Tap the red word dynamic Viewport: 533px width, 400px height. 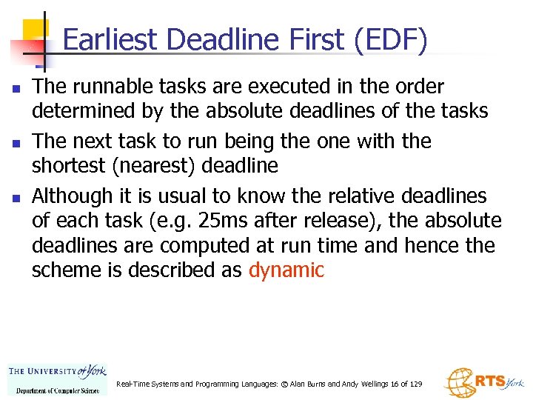pos(286,270)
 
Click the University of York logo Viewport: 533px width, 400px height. pos(57,379)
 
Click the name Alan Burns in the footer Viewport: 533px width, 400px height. pos(302,384)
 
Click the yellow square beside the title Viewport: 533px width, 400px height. pos(35,31)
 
